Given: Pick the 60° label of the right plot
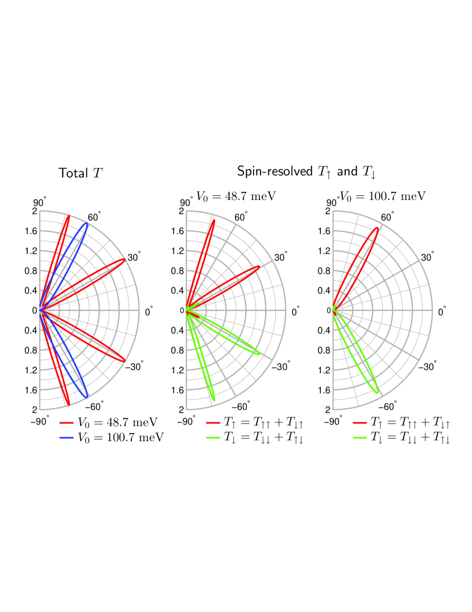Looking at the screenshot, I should (x=387, y=217).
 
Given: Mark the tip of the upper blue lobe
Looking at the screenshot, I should (x=87, y=223).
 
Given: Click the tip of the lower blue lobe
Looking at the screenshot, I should (x=87, y=397).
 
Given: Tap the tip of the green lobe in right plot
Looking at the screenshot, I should (x=377, y=392).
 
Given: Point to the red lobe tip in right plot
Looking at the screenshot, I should (x=377, y=228).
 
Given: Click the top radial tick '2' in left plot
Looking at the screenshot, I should (x=34, y=211).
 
